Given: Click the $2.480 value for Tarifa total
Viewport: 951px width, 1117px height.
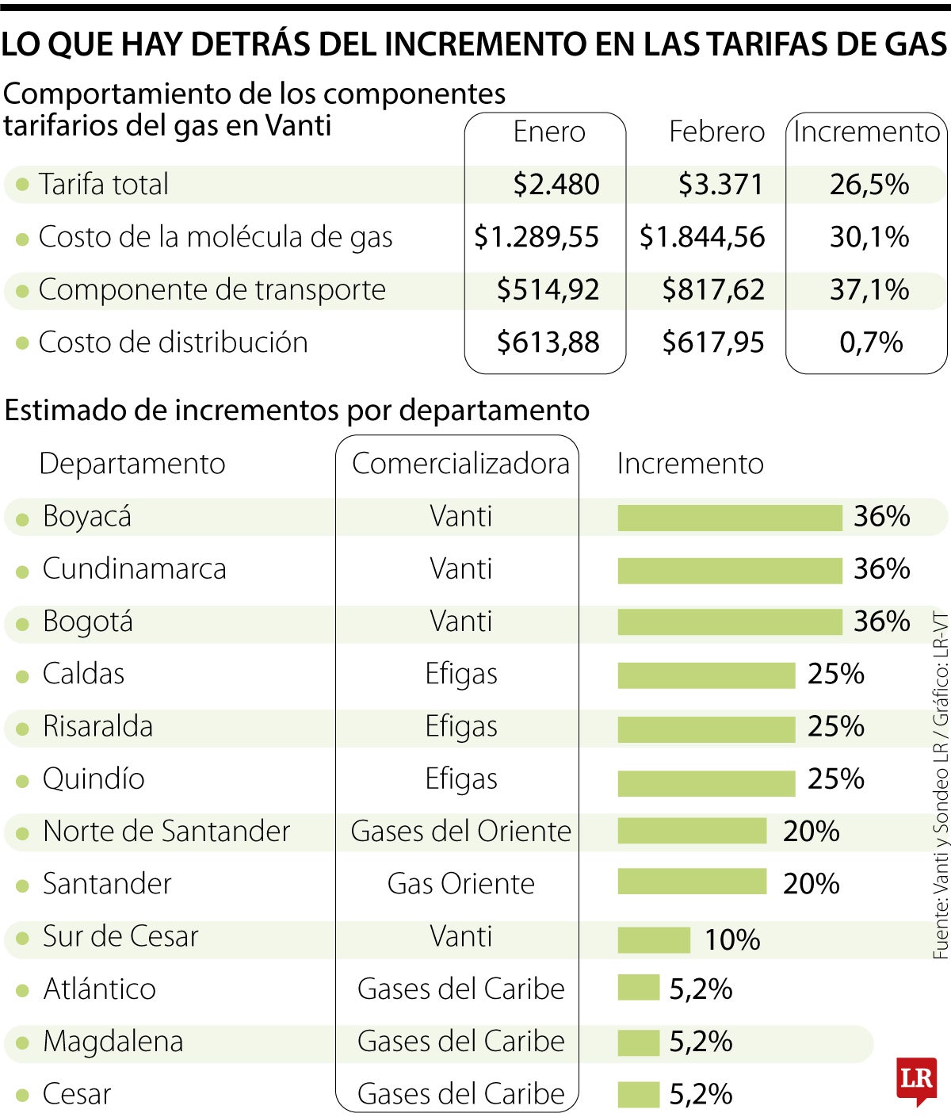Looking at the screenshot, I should [556, 185].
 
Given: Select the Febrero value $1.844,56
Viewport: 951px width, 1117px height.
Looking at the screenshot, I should [702, 237].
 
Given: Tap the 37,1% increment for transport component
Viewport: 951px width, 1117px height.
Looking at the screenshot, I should [869, 290].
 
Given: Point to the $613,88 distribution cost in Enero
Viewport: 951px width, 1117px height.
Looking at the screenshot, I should [548, 342].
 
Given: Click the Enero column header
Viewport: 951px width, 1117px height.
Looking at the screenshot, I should [548, 132].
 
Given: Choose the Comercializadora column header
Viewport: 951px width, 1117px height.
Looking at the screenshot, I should [460, 464].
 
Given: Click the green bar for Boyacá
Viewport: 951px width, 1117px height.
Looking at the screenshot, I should [729, 518].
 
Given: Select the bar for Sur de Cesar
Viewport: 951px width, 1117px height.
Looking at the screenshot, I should [654, 939].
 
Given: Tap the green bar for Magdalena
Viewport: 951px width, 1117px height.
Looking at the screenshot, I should [638, 1042].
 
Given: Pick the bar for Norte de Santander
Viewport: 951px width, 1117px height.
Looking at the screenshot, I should [692, 832].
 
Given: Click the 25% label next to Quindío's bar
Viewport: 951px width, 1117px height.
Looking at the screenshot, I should [835, 779].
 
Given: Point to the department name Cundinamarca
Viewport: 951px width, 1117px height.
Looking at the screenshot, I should [134, 569].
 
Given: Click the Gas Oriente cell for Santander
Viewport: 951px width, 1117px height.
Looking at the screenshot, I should [460, 884].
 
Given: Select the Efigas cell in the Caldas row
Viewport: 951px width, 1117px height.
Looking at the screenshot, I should [460, 675].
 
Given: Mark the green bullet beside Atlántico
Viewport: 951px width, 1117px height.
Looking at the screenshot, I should [23, 990].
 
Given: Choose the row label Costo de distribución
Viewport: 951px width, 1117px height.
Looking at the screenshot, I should [173, 342].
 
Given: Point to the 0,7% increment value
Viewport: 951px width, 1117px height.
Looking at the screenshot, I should [870, 342].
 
